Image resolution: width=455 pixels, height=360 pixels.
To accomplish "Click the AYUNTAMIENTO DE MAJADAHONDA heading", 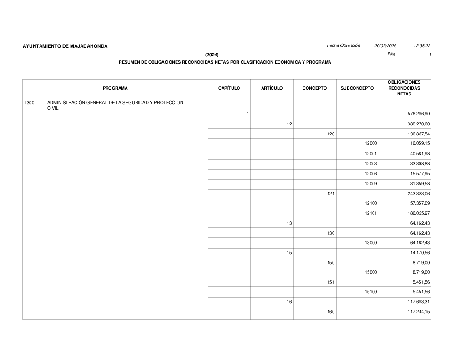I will [65, 46].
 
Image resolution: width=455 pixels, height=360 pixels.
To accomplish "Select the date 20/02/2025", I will [385, 46].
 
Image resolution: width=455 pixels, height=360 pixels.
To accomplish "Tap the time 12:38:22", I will [422, 46].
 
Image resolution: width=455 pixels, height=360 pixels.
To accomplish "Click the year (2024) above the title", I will [212, 55].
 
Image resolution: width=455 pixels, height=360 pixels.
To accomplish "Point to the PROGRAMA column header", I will [115, 88].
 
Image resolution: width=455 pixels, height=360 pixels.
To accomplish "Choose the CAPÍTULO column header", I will [229, 88].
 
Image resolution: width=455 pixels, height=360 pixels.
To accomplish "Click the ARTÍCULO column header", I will [272, 88].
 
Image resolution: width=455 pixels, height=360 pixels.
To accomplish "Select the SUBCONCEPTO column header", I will [357, 88].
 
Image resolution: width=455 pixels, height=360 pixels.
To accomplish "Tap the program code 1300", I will [29, 103].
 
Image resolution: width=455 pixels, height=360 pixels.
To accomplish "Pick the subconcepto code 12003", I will [371, 164].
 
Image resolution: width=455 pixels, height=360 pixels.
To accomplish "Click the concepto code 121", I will [331, 194].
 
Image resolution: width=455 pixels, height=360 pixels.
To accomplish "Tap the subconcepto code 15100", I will [371, 292].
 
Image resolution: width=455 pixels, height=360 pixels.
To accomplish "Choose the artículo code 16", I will [289, 302].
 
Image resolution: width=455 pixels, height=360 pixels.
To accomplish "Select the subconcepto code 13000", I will [371, 243].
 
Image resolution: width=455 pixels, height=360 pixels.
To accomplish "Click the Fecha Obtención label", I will [343, 45].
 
